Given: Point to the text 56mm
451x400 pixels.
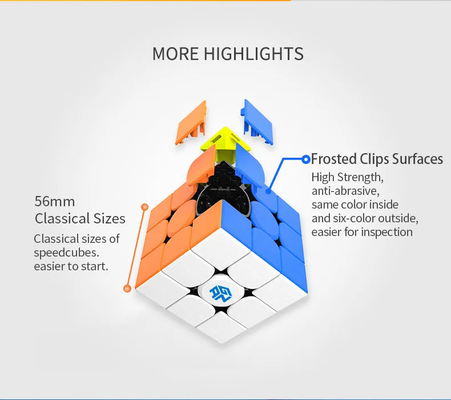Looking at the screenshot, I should [55, 201].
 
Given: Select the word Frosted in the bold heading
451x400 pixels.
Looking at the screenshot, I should [333, 159].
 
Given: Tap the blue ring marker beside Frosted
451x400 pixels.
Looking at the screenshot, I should [306, 159].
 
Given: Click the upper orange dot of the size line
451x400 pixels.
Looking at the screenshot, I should [144, 206].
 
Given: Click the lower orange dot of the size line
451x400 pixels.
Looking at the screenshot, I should [128, 288].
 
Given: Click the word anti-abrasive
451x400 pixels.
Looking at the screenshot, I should [345, 191].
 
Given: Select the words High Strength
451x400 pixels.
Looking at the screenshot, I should [346, 177].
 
